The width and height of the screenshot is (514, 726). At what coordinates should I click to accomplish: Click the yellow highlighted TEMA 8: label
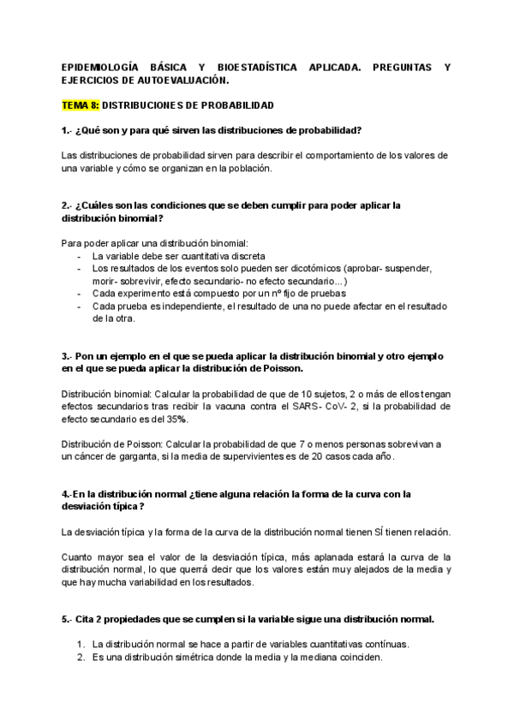click(x=81, y=105)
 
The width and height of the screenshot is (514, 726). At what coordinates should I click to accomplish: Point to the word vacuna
click(x=246, y=406)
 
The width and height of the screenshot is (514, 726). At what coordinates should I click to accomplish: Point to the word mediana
click(x=319, y=658)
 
